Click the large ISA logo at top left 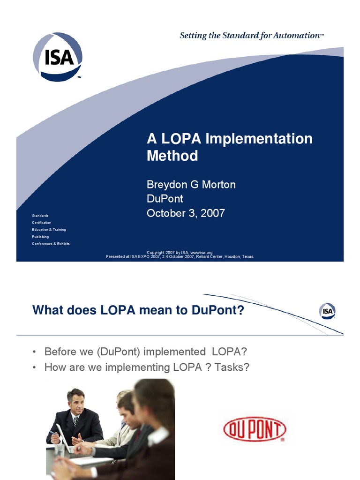(58, 57)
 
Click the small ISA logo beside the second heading (327, 311)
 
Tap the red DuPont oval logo (255, 430)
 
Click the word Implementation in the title (259, 139)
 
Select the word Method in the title (172, 156)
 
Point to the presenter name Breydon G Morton (191, 185)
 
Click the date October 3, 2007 (186, 213)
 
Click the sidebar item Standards (40, 216)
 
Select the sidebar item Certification (42, 223)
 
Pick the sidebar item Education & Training (49, 230)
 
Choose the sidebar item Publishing (40, 237)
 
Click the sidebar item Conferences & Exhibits (51, 244)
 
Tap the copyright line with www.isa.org (180, 253)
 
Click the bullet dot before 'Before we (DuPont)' (35, 352)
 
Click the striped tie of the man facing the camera (75, 421)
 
